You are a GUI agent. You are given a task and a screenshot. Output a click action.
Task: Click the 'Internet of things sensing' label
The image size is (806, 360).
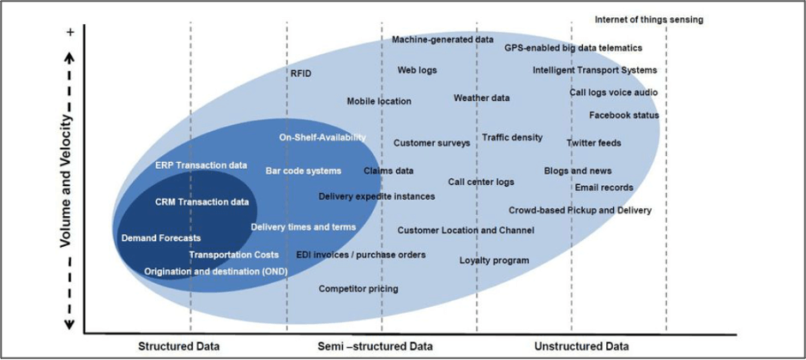coord(648,19)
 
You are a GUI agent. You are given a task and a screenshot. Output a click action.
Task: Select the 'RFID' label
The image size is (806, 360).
coord(300,74)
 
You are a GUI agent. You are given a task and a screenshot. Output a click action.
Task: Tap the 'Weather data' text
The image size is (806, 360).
coord(481,98)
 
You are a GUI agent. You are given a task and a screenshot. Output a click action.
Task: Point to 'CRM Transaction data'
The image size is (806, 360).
coord(202,202)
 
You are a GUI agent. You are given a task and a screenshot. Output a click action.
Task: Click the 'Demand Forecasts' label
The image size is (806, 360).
coord(161,237)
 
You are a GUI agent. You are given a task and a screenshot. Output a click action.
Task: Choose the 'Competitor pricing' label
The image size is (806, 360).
coord(358,289)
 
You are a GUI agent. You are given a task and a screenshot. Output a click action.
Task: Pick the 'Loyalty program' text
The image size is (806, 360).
coord(494,260)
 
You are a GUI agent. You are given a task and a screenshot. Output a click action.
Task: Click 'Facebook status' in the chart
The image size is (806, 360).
coord(623,115)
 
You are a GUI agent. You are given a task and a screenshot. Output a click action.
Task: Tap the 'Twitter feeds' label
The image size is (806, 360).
coord(593,143)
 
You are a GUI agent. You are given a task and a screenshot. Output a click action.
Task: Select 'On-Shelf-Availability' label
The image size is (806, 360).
coord(322,137)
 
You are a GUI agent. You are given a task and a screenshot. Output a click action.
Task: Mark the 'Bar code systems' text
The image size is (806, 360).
coord(303,171)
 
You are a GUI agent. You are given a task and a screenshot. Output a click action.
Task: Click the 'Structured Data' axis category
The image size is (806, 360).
coord(179,346)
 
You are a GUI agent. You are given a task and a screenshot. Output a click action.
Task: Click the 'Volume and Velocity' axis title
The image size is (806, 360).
coord(64,182)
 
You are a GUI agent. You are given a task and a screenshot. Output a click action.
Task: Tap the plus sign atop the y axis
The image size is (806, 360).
coord(69,33)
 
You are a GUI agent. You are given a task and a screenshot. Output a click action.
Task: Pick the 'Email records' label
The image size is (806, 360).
coord(604,188)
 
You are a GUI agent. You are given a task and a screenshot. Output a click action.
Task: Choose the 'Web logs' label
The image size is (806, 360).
coord(418,70)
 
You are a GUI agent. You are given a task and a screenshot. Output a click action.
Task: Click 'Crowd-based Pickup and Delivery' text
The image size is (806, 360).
coord(580,210)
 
